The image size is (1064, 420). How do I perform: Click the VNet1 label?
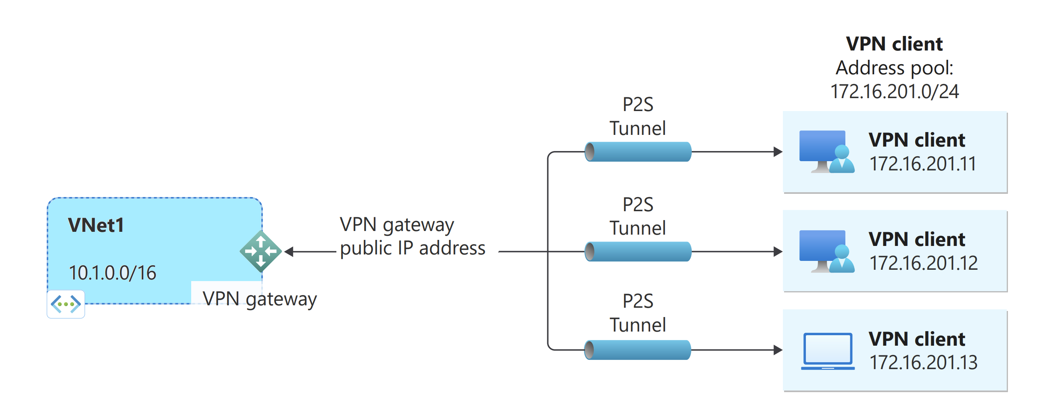96,225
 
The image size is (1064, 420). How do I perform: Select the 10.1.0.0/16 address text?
113,273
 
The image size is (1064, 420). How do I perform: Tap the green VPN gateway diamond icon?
261,251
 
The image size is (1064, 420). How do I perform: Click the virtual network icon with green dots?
66,304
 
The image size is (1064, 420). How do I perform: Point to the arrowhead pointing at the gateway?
289,251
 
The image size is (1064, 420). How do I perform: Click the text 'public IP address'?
412,248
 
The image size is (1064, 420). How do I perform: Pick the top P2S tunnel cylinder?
638,152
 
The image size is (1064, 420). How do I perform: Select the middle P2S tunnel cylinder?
638,251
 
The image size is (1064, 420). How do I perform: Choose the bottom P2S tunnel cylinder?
638,350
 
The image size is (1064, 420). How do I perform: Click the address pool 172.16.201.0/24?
894,91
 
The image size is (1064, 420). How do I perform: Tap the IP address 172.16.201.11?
923,164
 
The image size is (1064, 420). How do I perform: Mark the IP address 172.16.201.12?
924,263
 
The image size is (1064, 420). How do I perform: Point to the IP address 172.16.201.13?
924,363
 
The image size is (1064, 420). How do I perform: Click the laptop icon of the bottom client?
827,351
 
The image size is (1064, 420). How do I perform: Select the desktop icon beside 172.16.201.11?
826,152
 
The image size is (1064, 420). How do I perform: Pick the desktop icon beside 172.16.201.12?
826,251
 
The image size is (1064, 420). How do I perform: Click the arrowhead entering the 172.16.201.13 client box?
778,350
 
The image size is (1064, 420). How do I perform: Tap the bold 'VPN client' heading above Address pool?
894,44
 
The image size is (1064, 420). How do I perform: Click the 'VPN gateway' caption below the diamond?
259,299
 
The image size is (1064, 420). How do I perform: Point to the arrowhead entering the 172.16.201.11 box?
778,152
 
